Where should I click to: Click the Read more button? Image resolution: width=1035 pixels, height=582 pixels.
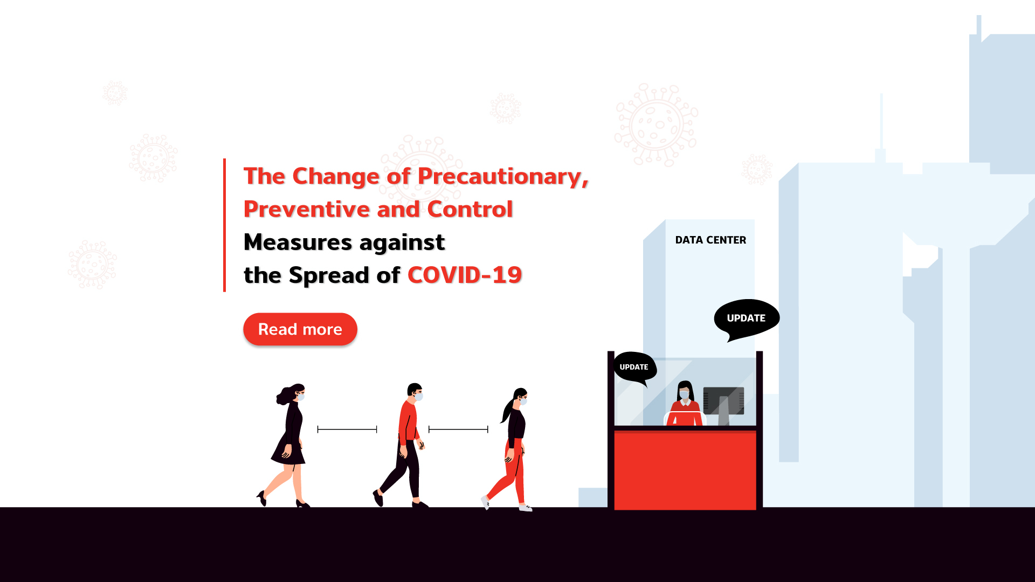(x=300, y=329)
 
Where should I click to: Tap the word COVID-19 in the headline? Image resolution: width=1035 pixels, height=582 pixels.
(x=465, y=275)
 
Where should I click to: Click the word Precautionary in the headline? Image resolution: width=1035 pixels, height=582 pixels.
(x=503, y=177)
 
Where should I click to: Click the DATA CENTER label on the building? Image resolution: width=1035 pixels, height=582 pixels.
(x=710, y=240)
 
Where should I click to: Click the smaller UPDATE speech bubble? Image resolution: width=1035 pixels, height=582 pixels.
(x=634, y=368)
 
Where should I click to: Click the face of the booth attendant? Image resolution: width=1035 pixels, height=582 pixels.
(x=684, y=393)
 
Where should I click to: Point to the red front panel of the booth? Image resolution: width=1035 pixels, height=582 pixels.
(x=685, y=470)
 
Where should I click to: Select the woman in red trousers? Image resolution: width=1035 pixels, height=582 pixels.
(x=509, y=449)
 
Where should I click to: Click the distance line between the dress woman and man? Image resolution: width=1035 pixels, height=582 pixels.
(x=347, y=429)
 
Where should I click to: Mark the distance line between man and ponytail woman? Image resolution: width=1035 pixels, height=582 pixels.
(x=458, y=429)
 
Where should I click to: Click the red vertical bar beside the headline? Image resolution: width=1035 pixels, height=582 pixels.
(x=224, y=225)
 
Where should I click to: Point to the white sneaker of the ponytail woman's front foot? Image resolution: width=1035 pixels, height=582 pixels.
(x=525, y=508)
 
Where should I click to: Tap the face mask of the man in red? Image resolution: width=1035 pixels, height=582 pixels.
(x=419, y=397)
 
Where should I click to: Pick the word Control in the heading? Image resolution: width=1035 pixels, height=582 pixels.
(x=470, y=209)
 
